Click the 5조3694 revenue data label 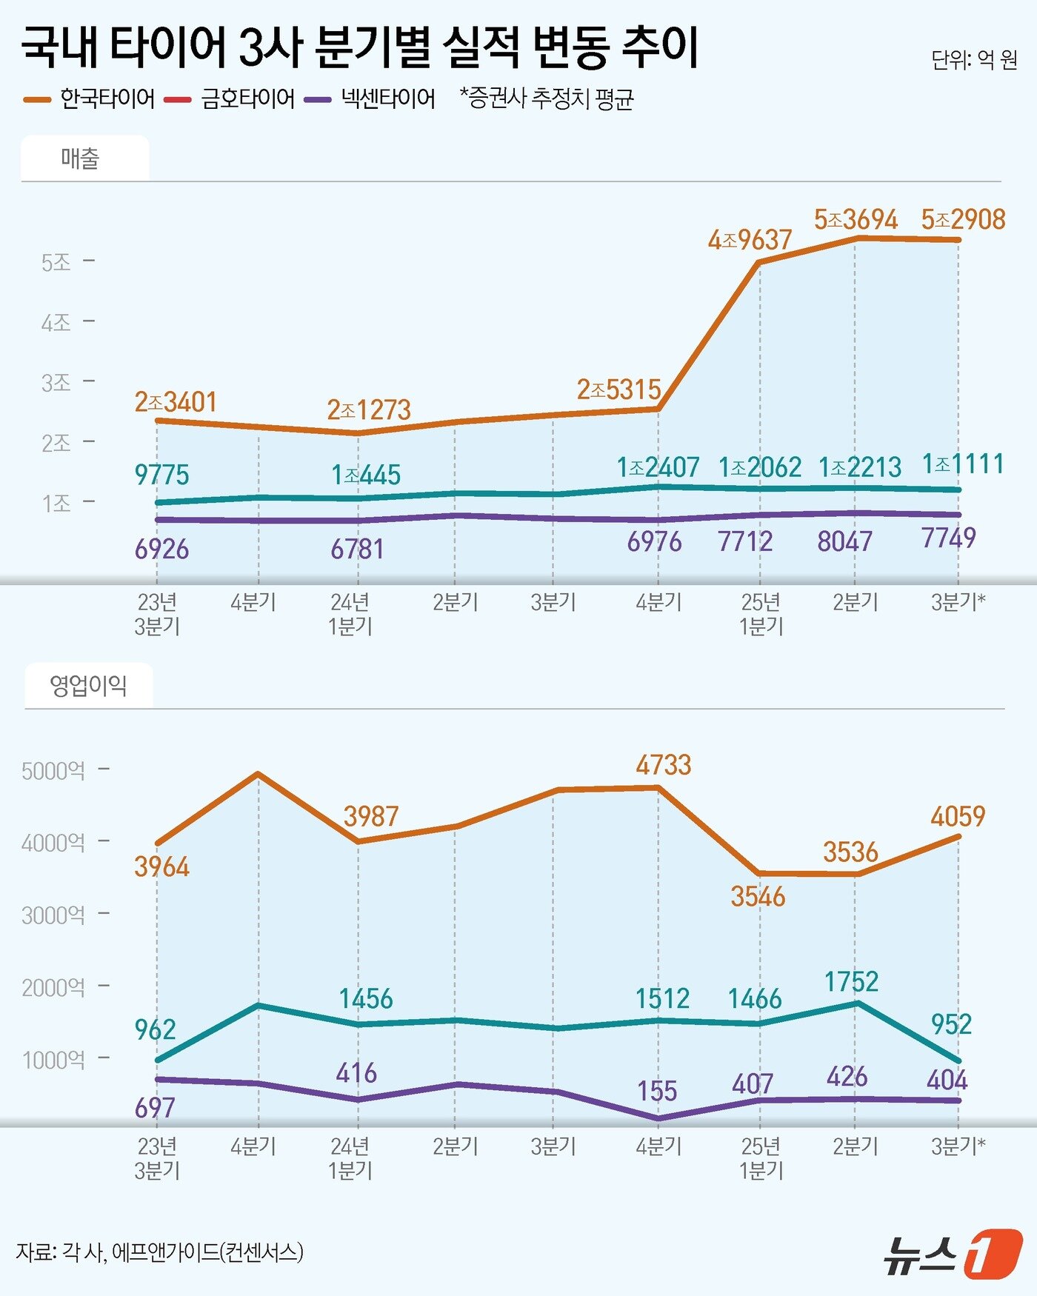coord(856,219)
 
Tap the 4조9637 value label coord(750,240)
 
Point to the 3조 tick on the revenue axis coord(56,382)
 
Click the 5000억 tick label coord(53,771)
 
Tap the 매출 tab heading coord(80,158)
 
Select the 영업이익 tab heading coord(88,686)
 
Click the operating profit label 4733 coord(663,764)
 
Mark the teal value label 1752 coord(851,982)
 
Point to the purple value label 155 coord(657,1091)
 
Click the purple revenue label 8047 coord(844,541)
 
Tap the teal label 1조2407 coord(658,467)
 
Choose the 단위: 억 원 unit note coord(974,59)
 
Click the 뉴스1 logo coord(953,1253)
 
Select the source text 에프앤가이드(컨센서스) coord(207,1252)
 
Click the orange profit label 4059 coord(958,816)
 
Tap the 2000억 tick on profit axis coord(53,987)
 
